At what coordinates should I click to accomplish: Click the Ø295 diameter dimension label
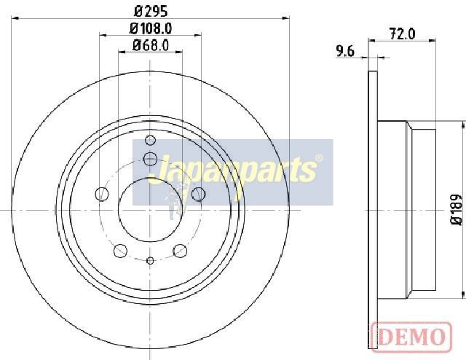(x=151, y=12)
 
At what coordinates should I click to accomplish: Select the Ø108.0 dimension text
(x=151, y=29)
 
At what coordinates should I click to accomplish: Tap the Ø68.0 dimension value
(x=151, y=46)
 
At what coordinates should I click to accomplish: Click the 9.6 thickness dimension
(x=345, y=52)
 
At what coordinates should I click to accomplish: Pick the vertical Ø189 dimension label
(x=457, y=210)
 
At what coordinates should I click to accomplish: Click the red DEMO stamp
(x=411, y=337)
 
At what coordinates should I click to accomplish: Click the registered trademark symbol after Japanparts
(x=319, y=157)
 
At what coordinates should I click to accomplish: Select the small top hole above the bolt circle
(x=151, y=140)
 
